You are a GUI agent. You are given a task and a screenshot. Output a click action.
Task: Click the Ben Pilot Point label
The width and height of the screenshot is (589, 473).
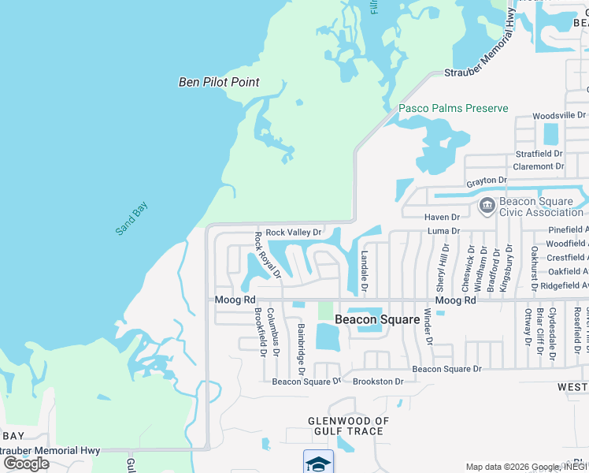pyautogui.click(x=219, y=82)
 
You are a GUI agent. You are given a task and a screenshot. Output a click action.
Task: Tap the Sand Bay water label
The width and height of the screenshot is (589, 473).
pyautogui.click(x=132, y=218)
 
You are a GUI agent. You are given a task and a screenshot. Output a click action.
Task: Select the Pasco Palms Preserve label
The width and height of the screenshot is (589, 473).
pyautogui.click(x=453, y=108)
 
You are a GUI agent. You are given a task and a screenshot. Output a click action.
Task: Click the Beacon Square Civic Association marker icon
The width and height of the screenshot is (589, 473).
pyautogui.click(x=487, y=206)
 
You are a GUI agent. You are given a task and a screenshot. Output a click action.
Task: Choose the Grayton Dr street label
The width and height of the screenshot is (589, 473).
pyautogui.click(x=486, y=181)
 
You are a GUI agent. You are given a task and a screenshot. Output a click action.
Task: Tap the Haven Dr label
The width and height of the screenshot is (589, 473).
pyautogui.click(x=441, y=217)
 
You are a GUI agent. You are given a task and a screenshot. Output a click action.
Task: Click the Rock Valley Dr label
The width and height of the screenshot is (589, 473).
pyautogui.click(x=293, y=233)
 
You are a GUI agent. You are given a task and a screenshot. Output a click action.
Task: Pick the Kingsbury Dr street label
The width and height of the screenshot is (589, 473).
pyautogui.click(x=509, y=270)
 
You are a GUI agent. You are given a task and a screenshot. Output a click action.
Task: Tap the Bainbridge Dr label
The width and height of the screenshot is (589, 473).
pyautogui.click(x=301, y=345)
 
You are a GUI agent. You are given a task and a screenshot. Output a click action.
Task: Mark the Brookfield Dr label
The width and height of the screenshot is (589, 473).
pyautogui.click(x=259, y=331)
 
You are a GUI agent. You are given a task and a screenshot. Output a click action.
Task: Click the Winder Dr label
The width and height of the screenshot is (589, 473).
pyautogui.click(x=429, y=326)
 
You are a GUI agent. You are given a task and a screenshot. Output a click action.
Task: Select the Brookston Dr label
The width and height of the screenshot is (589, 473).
pyautogui.click(x=378, y=382)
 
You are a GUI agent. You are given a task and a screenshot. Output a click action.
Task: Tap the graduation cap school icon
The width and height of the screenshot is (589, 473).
pyautogui.click(x=318, y=462)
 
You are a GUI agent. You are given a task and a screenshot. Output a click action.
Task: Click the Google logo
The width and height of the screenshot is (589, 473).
pyautogui.click(x=26, y=464)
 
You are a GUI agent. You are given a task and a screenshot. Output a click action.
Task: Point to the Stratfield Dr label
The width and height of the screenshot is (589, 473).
pyautogui.click(x=539, y=154)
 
